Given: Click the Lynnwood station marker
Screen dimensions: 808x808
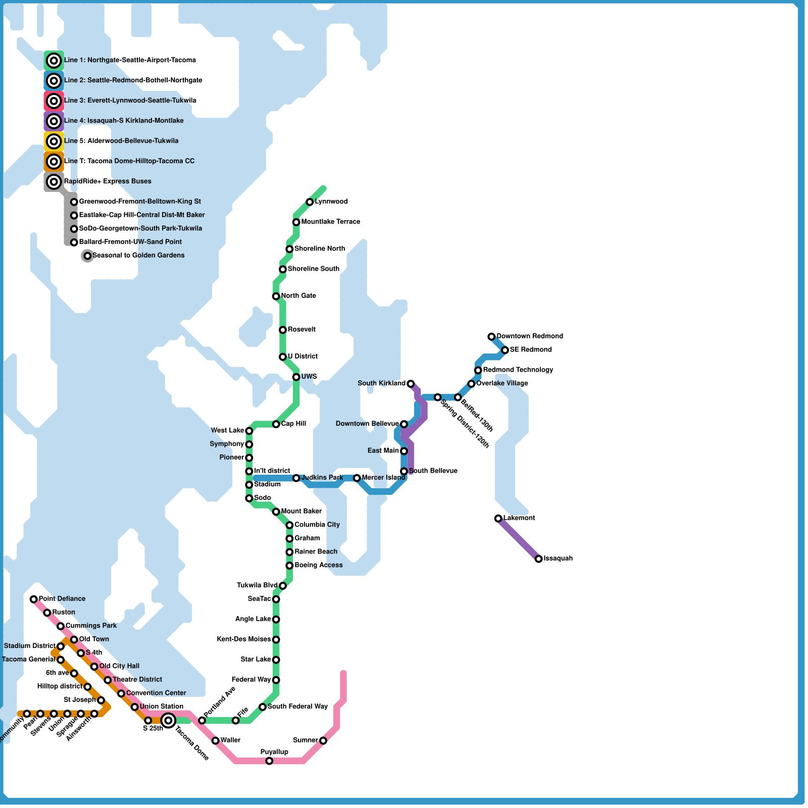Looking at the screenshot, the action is (x=310, y=202).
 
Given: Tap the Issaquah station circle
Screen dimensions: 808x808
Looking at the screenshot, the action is (x=539, y=559).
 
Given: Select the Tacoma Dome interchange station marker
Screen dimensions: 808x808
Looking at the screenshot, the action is (x=169, y=720).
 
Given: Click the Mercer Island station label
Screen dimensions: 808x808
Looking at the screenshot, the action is (x=383, y=478).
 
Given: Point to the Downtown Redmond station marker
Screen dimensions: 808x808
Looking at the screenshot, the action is (x=491, y=336).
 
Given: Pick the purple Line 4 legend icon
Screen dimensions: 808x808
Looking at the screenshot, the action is (x=54, y=121).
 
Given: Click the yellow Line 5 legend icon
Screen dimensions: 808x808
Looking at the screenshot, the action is (x=54, y=141).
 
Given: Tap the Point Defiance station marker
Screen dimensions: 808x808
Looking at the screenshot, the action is (x=34, y=599).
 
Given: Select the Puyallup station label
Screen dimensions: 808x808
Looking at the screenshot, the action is (x=274, y=752).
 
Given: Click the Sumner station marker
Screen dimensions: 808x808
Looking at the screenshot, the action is (x=323, y=741).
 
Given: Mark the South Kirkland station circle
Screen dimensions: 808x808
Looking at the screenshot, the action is (x=411, y=384).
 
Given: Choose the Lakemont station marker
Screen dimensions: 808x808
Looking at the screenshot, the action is (x=498, y=519).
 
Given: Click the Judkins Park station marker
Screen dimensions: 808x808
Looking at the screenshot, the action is (x=296, y=478).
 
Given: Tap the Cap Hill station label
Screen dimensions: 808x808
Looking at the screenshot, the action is (x=293, y=424).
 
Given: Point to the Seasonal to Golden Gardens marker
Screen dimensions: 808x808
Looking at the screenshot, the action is (x=87, y=256).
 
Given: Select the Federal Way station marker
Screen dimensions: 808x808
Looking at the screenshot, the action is (x=276, y=680).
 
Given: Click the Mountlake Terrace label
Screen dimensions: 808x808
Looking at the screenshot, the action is (x=330, y=222).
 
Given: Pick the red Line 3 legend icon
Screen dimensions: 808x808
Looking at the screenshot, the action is (x=54, y=101).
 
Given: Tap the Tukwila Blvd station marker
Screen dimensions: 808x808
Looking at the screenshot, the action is (x=283, y=586).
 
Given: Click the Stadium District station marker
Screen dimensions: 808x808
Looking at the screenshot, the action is (x=61, y=646).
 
